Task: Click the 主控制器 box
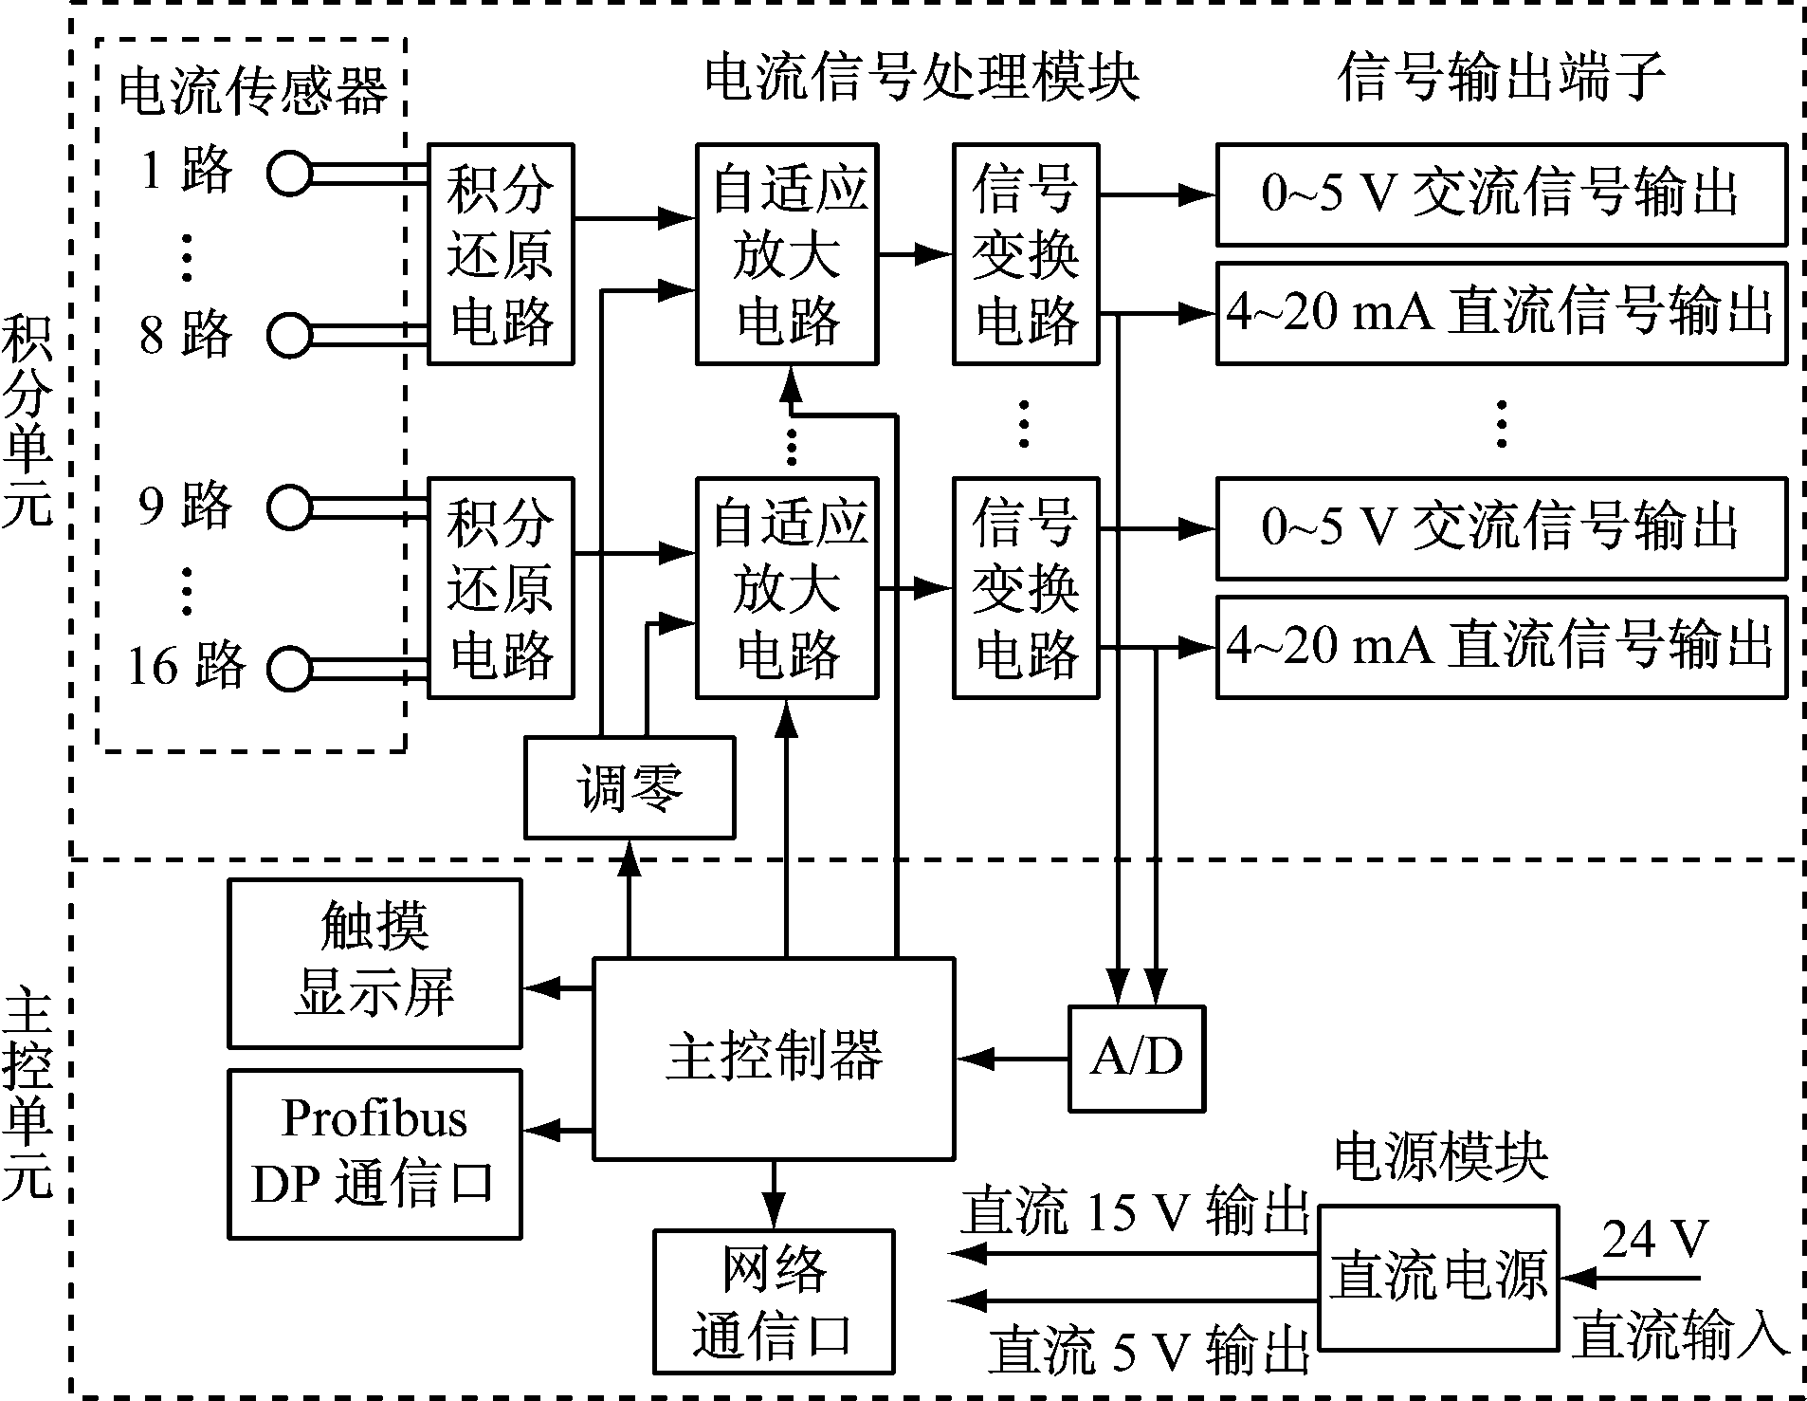[x=773, y=1058]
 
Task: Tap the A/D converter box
[x=1136, y=1058]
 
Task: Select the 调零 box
[x=630, y=787]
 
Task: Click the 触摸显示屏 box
[x=374, y=963]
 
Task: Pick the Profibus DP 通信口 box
[x=374, y=1153]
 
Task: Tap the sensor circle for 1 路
[x=288, y=174]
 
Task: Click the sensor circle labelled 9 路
[x=288, y=507]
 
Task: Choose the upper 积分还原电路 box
[x=501, y=253]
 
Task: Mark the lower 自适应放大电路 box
[x=786, y=588]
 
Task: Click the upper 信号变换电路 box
[x=1025, y=253]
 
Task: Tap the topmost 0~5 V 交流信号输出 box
[x=1500, y=194]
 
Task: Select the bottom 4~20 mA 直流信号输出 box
[x=1500, y=647]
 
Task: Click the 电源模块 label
[x=1440, y=1158]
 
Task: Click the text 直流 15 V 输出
[x=1134, y=1213]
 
